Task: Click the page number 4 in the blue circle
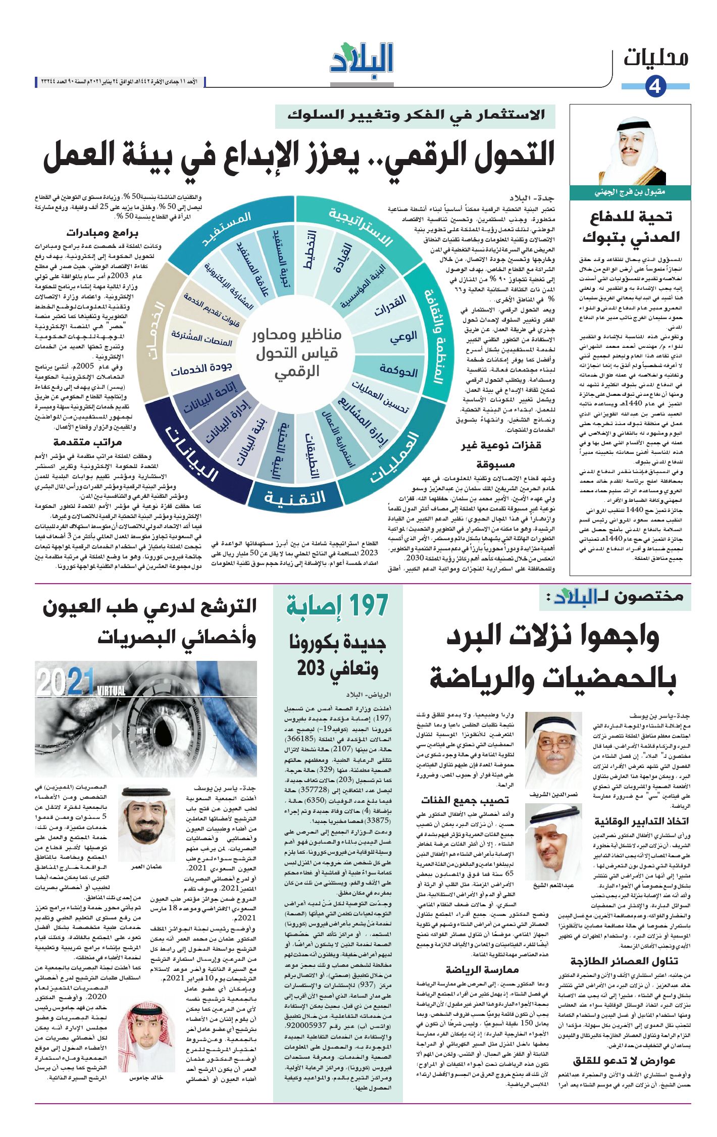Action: (x=655, y=87)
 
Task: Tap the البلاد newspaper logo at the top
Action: (x=362, y=62)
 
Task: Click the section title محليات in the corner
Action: (x=656, y=58)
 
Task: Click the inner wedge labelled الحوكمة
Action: (x=399, y=372)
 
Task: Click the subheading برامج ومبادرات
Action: (x=102, y=233)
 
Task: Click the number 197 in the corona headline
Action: (x=364, y=605)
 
